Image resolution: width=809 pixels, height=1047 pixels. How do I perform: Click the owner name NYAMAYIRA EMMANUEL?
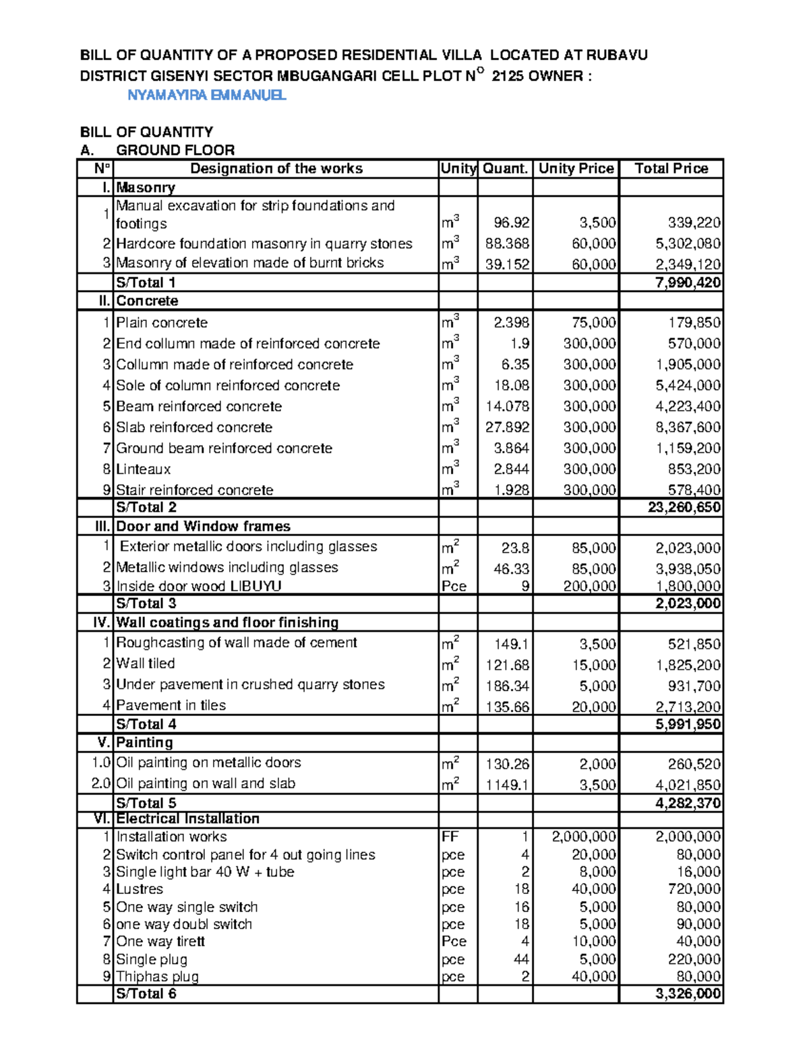[207, 95]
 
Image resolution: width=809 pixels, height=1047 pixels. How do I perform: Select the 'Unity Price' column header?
[576, 169]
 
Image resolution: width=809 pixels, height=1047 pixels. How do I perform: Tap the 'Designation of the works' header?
[276, 169]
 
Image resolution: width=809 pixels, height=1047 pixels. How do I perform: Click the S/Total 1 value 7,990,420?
[688, 282]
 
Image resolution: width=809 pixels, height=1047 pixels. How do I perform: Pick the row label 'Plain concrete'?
[162, 323]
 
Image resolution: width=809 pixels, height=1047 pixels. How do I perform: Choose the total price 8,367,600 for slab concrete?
[688, 427]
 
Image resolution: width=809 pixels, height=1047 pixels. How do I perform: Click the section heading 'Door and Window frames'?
[203, 527]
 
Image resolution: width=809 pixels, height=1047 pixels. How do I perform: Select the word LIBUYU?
[256, 587]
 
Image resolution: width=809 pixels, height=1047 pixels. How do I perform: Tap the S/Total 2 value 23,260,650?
[684, 508]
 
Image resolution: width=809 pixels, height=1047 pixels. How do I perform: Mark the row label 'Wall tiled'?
[146, 663]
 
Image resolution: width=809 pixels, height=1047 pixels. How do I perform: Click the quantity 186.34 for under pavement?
[508, 686]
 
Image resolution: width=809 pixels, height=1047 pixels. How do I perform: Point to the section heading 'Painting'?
[144, 743]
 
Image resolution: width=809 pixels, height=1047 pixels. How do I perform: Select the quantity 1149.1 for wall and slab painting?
[508, 785]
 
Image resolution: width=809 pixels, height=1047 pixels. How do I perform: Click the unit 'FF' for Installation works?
[450, 837]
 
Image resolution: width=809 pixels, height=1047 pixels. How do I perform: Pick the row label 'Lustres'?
[140, 889]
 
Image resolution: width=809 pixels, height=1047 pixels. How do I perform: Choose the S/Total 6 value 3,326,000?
[688, 994]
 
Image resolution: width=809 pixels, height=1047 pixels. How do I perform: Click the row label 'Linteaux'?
[144, 469]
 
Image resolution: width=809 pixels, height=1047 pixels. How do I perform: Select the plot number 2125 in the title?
[508, 76]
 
